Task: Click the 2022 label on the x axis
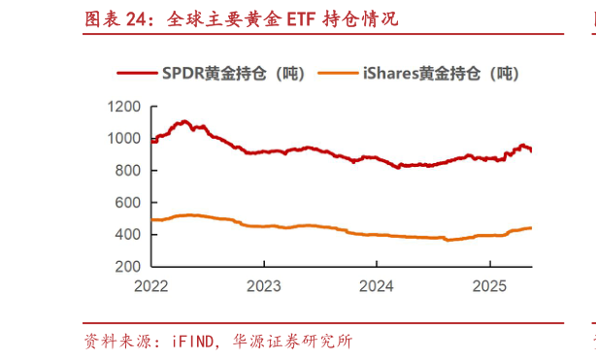point(151,286)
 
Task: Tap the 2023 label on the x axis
point(264,286)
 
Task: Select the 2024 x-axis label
point(377,286)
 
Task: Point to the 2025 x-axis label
point(489,286)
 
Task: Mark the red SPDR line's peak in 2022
point(183,121)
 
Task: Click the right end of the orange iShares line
point(531,228)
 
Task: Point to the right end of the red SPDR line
point(531,150)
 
